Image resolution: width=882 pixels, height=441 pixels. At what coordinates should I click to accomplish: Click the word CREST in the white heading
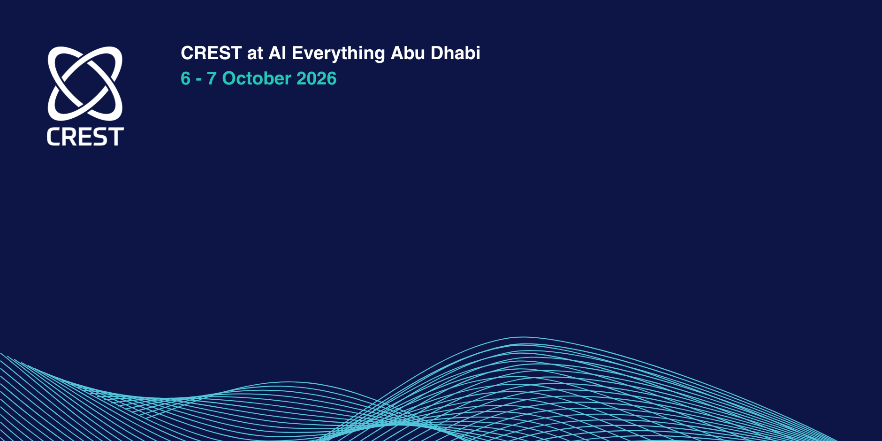coord(211,53)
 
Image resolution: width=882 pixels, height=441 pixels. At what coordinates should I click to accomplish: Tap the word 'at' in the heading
coord(255,53)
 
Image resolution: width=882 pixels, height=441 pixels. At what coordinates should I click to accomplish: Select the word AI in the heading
coord(277,53)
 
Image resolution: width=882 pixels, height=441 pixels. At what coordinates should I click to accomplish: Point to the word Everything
coord(338,54)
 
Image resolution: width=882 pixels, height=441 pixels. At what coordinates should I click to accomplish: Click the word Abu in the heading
coord(408,53)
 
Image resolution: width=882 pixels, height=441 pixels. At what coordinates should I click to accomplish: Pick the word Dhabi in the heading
coord(456,53)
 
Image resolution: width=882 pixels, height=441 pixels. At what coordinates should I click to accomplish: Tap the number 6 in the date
coord(186,78)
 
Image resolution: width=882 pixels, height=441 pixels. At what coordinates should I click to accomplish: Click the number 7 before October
coord(212,78)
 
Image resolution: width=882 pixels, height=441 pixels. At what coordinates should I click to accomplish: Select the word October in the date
coord(257,78)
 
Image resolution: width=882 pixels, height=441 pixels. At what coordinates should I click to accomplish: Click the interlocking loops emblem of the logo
coord(85,84)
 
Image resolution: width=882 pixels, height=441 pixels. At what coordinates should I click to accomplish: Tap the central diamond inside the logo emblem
coord(85,84)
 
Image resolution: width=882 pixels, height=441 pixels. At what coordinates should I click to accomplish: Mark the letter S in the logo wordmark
coord(100,137)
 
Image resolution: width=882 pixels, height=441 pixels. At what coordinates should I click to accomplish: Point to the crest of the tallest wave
coord(523,337)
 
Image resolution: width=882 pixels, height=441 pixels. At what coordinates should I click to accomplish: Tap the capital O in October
coord(229,78)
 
